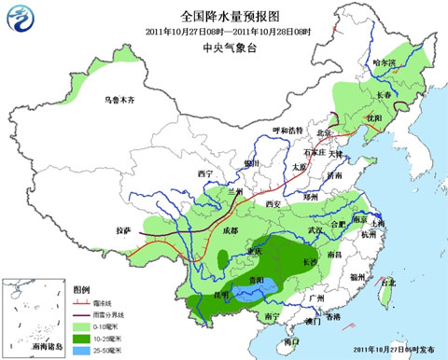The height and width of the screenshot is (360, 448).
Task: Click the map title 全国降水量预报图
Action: (x=224, y=16)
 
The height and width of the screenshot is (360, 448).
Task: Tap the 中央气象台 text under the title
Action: (x=224, y=49)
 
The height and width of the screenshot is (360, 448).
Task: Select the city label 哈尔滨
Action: (x=384, y=62)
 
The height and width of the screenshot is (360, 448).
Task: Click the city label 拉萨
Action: (x=124, y=229)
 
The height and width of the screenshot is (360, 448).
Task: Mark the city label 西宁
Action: (x=205, y=173)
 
